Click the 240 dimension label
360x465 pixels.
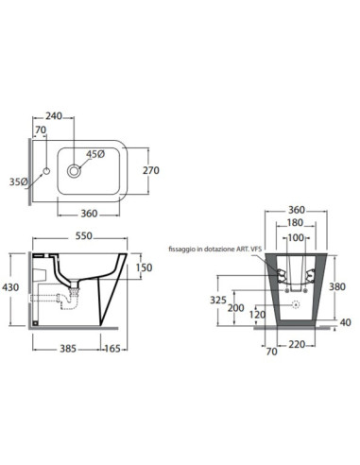point(54,116)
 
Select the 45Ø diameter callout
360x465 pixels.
point(95,154)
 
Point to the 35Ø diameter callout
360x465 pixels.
point(18,181)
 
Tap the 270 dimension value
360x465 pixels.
point(151,170)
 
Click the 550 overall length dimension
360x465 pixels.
point(84,235)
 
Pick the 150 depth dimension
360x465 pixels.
point(144,267)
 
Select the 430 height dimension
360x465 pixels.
point(10,287)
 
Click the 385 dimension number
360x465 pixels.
point(68,349)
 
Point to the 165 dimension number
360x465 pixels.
point(112,349)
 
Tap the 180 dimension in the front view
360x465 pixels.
point(295,222)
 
